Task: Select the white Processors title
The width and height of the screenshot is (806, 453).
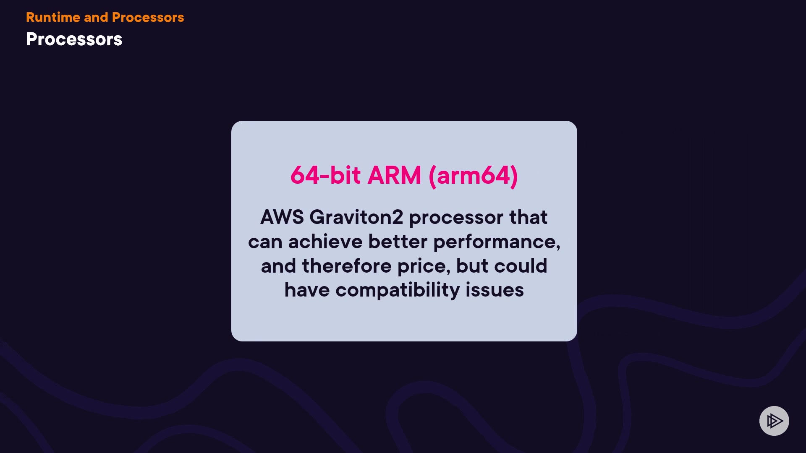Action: tap(74, 39)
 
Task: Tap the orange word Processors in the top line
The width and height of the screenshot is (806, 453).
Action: tap(148, 17)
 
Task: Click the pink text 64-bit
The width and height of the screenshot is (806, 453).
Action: tap(325, 175)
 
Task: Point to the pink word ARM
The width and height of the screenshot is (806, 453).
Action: tap(394, 175)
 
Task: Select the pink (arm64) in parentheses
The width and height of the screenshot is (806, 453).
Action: tap(473, 175)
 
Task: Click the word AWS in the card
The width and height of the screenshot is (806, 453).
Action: tap(282, 217)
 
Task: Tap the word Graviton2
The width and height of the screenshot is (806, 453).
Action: tap(356, 217)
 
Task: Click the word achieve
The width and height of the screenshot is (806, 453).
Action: tap(325, 242)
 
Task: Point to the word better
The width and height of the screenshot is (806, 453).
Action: tap(398, 242)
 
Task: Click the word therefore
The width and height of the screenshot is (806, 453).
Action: tap(347, 266)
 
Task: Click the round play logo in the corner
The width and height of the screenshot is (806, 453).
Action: tap(774, 421)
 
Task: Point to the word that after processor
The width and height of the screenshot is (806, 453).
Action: tap(528, 217)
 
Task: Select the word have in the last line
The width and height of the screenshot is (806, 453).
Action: tap(307, 290)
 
